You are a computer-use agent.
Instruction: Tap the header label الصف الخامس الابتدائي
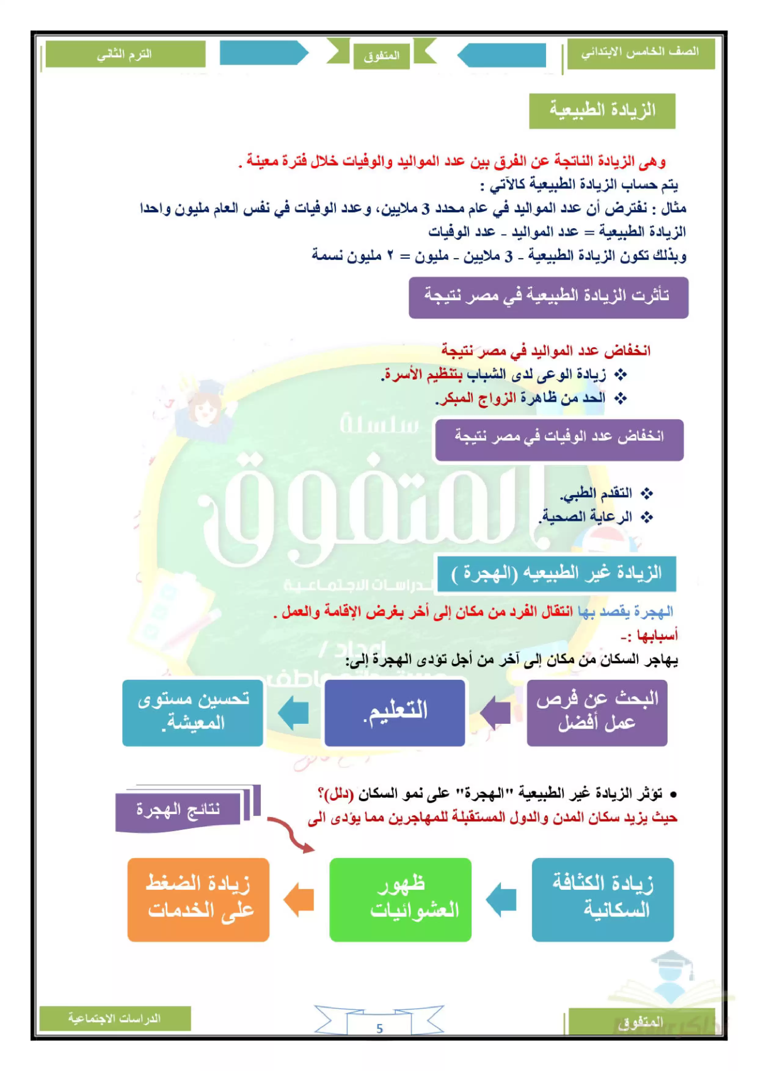(640, 53)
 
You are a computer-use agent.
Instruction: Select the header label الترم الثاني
(125, 55)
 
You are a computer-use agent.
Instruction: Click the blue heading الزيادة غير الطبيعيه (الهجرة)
(556, 573)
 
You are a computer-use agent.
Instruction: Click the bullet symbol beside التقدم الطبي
(647, 493)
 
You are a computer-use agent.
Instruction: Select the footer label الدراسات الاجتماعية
(115, 1018)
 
